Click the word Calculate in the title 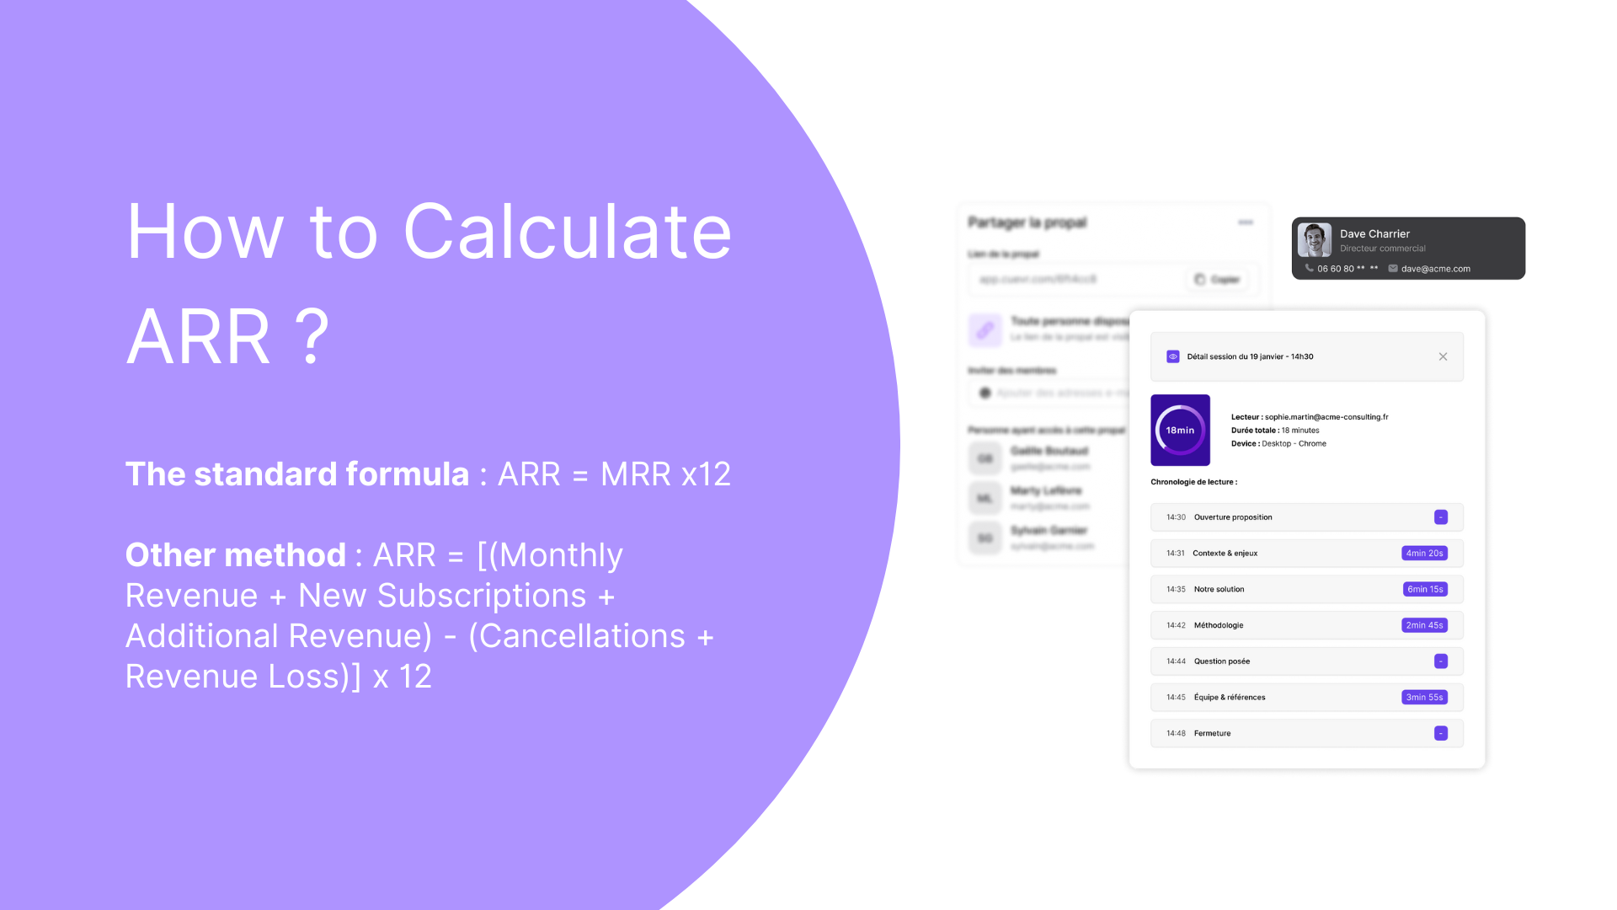coord(568,232)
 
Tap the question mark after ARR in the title coord(312,337)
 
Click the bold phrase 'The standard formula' coord(296,474)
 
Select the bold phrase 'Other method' coord(235,555)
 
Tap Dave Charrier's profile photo coord(1314,240)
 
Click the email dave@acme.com coord(1435,269)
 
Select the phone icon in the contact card coord(1309,268)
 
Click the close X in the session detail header coord(1443,356)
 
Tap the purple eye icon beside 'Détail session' coord(1172,356)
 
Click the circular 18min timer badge coord(1180,431)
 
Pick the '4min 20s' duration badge coord(1424,554)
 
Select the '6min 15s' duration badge coord(1425,590)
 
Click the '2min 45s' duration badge coord(1424,625)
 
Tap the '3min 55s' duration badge coord(1424,698)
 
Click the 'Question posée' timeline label coord(1221,661)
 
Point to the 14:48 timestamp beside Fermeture coord(1176,734)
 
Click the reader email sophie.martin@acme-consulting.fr coord(1326,417)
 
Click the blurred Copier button coord(1218,280)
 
